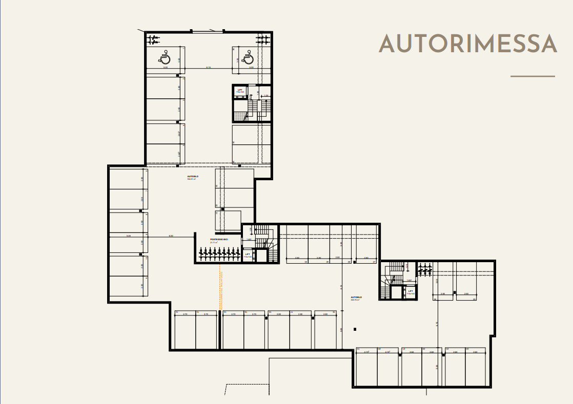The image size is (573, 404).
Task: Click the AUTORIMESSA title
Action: [467, 44]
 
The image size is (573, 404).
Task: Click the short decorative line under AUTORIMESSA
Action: [533, 76]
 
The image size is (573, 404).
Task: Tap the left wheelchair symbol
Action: [165, 57]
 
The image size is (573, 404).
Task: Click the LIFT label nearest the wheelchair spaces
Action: [240, 90]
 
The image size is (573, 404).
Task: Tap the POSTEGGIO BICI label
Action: [218, 240]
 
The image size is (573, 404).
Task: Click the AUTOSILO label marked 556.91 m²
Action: [193, 177]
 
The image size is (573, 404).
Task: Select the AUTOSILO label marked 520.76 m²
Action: [356, 298]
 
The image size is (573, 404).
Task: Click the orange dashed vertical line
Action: [220, 292]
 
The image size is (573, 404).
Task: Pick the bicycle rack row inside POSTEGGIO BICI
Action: [219, 252]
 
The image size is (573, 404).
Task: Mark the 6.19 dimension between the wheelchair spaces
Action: [209, 68]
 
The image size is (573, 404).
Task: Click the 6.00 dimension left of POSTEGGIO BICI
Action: [171, 236]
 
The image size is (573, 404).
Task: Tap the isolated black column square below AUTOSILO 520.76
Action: [355, 329]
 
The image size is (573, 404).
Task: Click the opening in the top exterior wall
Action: [208, 32]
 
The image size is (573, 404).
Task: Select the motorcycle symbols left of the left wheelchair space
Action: [153, 38]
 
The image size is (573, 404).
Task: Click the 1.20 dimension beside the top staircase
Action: [265, 96]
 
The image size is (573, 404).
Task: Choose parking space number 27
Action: [374, 262]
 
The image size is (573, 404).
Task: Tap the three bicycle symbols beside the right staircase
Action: [424, 269]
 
